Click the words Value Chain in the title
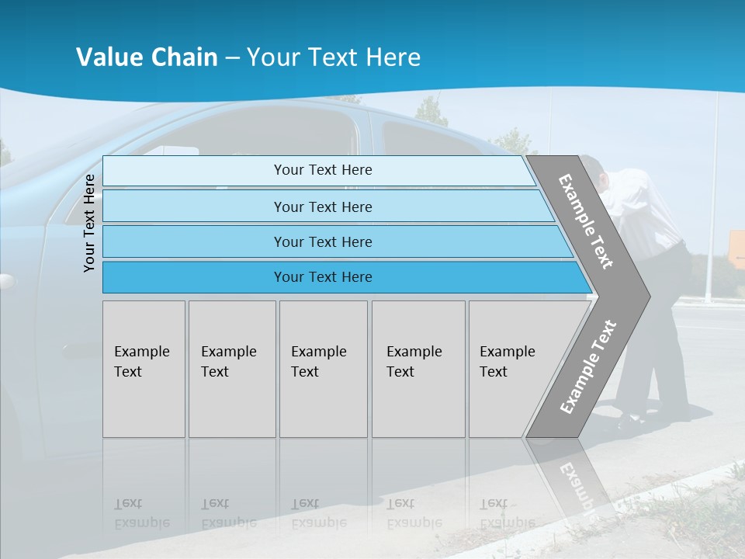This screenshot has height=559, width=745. pos(147,57)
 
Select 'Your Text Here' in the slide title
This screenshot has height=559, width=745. pos(334,57)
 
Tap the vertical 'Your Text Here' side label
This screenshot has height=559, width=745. pos(89,223)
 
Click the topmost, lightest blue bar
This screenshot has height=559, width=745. pos(322,170)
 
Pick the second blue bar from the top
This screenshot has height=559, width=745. pos(322,207)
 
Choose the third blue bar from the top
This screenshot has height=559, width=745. pos(322,241)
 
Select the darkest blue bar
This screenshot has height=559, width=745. pos(322,277)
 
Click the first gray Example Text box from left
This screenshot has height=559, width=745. pos(144,369)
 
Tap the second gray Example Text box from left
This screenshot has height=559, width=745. pos(231,369)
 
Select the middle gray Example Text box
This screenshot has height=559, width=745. pos(323,369)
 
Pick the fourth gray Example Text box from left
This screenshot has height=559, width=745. pos(418,369)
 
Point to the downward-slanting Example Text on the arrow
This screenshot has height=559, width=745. pos(586,221)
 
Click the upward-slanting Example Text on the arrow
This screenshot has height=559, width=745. pos(588,366)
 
